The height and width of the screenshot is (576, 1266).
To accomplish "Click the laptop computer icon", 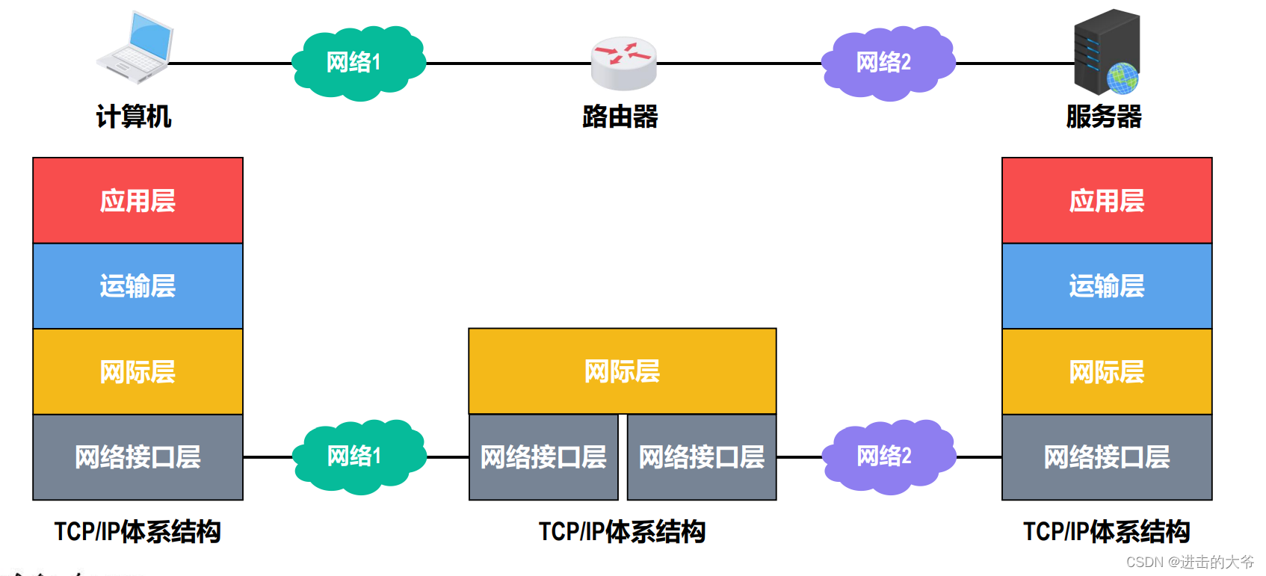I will click(x=136, y=46).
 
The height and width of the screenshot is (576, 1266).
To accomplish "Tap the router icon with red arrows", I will click(x=623, y=63).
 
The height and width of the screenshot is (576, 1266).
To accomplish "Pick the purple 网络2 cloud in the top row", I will click(x=886, y=63).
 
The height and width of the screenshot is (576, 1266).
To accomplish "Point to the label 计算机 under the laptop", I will click(x=134, y=117).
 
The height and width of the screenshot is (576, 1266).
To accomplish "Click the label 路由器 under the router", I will click(x=620, y=117).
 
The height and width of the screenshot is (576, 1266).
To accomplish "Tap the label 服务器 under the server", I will click(x=1104, y=117).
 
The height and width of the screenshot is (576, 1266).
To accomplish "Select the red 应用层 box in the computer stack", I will click(x=138, y=200).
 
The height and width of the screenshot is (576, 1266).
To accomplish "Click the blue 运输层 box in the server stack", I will click(x=1107, y=286).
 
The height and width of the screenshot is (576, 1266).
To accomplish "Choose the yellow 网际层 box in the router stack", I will click(x=622, y=371).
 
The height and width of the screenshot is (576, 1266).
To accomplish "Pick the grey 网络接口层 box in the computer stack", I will click(x=138, y=457).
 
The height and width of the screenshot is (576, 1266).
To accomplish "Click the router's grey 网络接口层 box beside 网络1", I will click(x=543, y=457).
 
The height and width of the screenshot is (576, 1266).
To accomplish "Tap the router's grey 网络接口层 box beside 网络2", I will click(x=702, y=457).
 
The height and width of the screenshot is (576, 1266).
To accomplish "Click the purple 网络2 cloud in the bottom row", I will click(x=887, y=456).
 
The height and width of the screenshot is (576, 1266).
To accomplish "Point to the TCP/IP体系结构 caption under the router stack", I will click(x=622, y=532).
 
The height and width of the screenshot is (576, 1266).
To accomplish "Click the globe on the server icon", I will click(x=1123, y=78).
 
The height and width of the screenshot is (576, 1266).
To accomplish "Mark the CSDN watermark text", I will click(x=1190, y=562).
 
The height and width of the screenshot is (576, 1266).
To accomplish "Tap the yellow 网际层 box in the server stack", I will click(x=1107, y=371).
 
